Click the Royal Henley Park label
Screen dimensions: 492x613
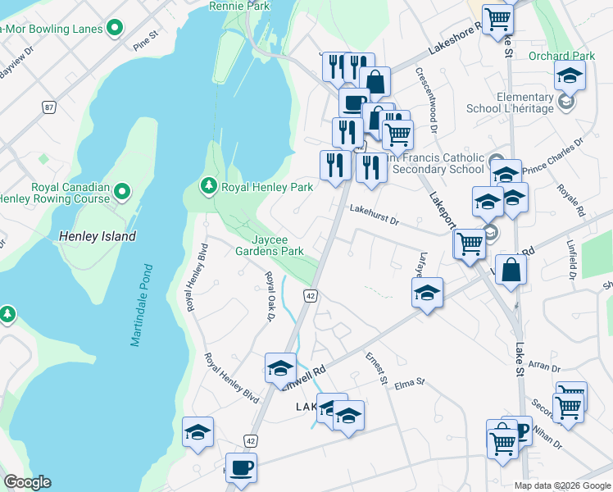pos(267,187)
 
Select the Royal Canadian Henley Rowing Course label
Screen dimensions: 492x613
pos(70,193)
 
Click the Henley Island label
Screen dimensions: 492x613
pos(98,236)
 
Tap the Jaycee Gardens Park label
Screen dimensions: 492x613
pos(277,244)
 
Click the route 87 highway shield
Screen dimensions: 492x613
pos(49,107)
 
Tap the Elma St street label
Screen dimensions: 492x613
pos(410,382)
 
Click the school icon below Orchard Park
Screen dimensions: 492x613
pos(570,76)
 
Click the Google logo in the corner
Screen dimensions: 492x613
pos(27,482)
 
